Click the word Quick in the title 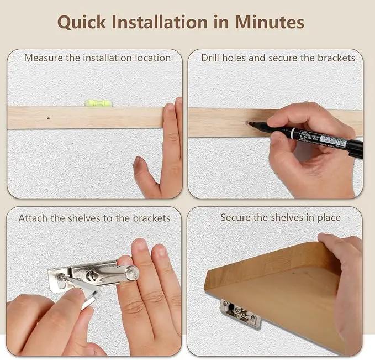point(81,23)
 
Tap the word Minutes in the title point(270,22)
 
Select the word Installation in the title point(160,22)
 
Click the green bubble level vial point(98,103)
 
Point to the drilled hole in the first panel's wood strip point(49,118)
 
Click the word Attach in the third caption point(33,218)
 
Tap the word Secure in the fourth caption point(236,217)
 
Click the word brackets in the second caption point(336,58)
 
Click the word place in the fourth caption point(329,218)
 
